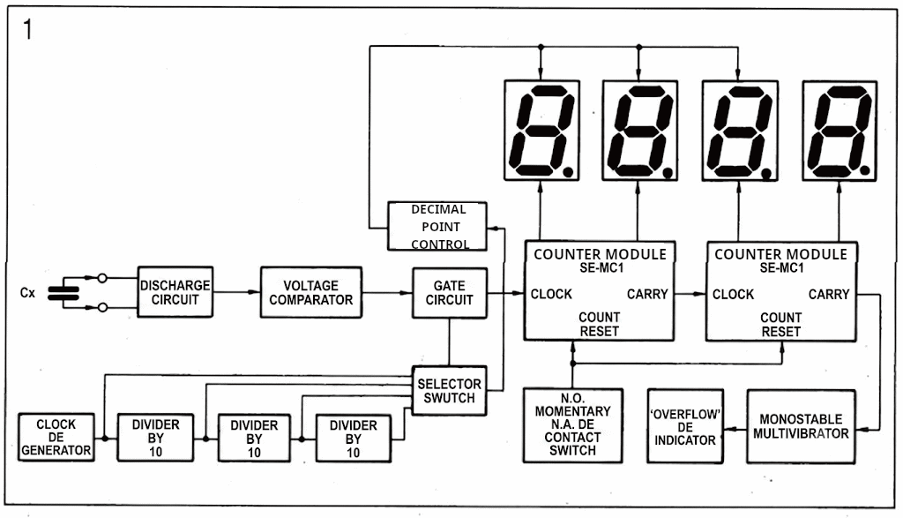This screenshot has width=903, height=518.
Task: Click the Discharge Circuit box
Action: click(175, 291)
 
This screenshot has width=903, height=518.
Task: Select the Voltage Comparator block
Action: click(311, 292)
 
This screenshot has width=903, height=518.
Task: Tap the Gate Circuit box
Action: click(450, 293)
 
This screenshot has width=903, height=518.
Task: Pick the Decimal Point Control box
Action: click(437, 227)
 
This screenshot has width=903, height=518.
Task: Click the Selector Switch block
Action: click(449, 391)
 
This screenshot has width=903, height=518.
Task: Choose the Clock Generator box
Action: click(56, 437)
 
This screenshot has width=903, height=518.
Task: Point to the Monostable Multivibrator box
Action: click(801, 426)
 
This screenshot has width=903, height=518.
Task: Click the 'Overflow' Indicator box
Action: click(685, 426)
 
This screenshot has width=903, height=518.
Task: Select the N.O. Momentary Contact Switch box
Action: click(572, 425)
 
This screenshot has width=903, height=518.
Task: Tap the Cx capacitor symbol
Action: click(63, 293)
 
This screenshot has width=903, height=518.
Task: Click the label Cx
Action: click(27, 293)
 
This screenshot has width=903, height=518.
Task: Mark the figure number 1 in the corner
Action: click(27, 29)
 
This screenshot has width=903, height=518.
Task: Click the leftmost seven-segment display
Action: click(542, 131)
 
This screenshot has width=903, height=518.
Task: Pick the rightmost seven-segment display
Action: click(840, 131)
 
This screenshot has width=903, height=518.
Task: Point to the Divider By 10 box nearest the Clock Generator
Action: click(155, 438)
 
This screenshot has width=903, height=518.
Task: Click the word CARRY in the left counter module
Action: click(647, 295)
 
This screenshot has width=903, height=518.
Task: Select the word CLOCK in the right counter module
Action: click(733, 295)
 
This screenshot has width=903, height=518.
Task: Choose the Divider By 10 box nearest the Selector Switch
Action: click(353, 438)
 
